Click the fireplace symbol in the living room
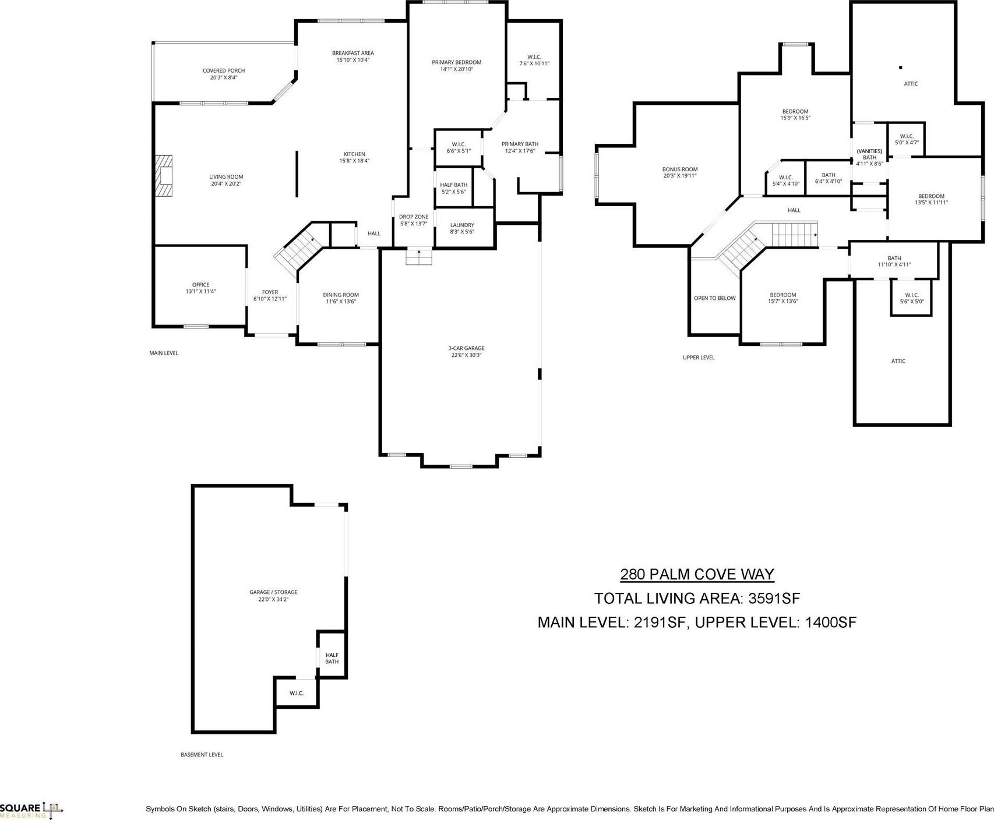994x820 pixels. (x=164, y=176)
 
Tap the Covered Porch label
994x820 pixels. (x=224, y=74)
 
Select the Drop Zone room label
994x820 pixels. (x=414, y=220)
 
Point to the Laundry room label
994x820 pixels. (x=462, y=228)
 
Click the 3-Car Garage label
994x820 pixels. (x=466, y=352)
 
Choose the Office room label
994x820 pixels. (x=200, y=288)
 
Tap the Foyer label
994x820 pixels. (x=270, y=295)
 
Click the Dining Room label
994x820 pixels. (x=341, y=298)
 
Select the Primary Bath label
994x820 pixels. (x=520, y=147)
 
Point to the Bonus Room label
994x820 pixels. (x=680, y=172)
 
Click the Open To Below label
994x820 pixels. (x=715, y=298)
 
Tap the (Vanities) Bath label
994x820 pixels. (x=869, y=157)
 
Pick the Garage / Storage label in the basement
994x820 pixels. (x=273, y=595)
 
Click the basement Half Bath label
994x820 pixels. (x=332, y=658)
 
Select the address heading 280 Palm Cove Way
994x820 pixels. (x=697, y=574)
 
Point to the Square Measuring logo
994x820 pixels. (x=31, y=810)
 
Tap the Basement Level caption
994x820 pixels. (x=202, y=755)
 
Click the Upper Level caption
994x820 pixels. (x=699, y=358)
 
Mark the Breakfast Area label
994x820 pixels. (x=353, y=56)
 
